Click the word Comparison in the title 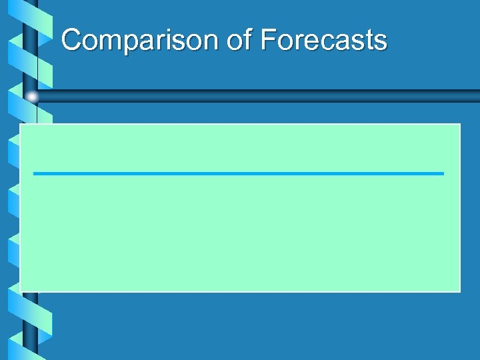click(140, 41)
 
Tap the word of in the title click(239, 41)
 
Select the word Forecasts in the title click(324, 41)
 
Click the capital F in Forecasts click(268, 41)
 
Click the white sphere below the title click(32, 97)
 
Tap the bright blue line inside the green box click(238, 173)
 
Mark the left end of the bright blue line click(35, 173)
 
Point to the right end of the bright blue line click(442, 173)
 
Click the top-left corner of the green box click(20, 124)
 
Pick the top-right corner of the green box click(459, 124)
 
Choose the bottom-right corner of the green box click(459, 291)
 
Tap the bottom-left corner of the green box click(20, 291)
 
